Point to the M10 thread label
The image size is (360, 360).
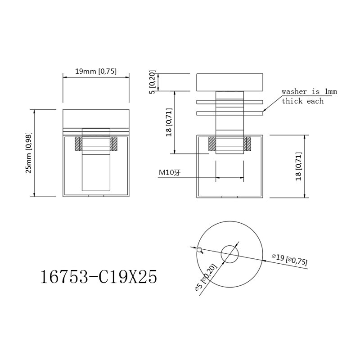[x=170, y=172]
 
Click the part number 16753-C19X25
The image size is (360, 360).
[x=99, y=276]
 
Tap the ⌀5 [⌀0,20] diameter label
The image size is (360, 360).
[x=206, y=277]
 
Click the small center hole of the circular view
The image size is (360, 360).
[x=229, y=254]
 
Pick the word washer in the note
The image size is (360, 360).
[x=294, y=92]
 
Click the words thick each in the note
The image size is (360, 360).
[x=302, y=101]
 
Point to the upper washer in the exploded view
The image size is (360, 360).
[x=229, y=102]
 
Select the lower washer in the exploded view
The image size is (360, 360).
[x=229, y=113]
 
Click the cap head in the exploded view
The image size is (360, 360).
[x=229, y=82]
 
